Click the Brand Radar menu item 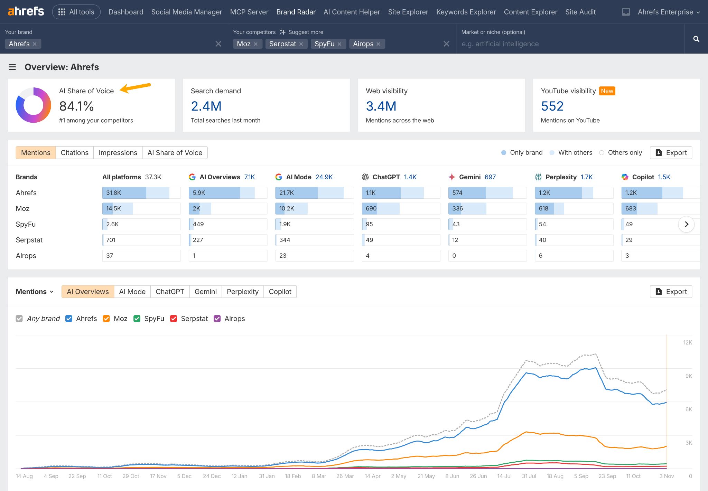tap(296, 12)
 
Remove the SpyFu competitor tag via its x tap(339, 44)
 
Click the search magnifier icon tap(696, 39)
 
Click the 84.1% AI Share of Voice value tap(76, 106)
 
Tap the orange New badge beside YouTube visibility tap(607, 91)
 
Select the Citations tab tap(74, 153)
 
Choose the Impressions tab tap(118, 153)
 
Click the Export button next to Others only tap(671, 153)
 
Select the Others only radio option tap(602, 153)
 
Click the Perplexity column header tap(561, 177)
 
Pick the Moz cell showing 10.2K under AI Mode tap(314, 208)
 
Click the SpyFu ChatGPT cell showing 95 tap(401, 224)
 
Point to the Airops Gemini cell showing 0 tap(487, 256)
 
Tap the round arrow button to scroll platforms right tap(686, 224)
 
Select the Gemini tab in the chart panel tap(205, 292)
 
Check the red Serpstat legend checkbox tap(174, 319)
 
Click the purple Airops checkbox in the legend tap(217, 319)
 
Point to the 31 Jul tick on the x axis tap(529, 476)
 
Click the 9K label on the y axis tap(688, 376)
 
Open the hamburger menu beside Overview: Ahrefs tap(12, 67)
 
